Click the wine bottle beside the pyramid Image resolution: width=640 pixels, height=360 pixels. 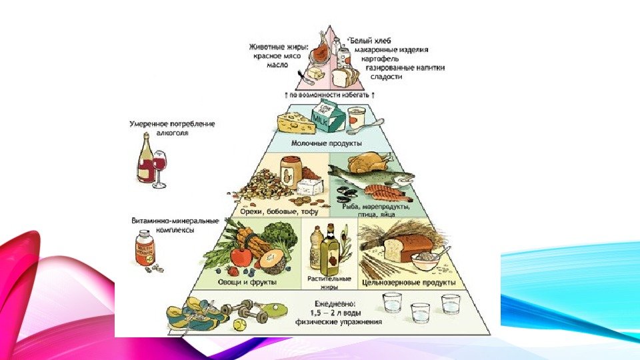click(145, 160)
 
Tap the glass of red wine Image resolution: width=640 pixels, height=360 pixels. click(161, 166)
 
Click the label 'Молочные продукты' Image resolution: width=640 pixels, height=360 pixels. click(327, 143)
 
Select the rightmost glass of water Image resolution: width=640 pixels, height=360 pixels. click(451, 305)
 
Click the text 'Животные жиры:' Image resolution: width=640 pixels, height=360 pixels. click(279, 47)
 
